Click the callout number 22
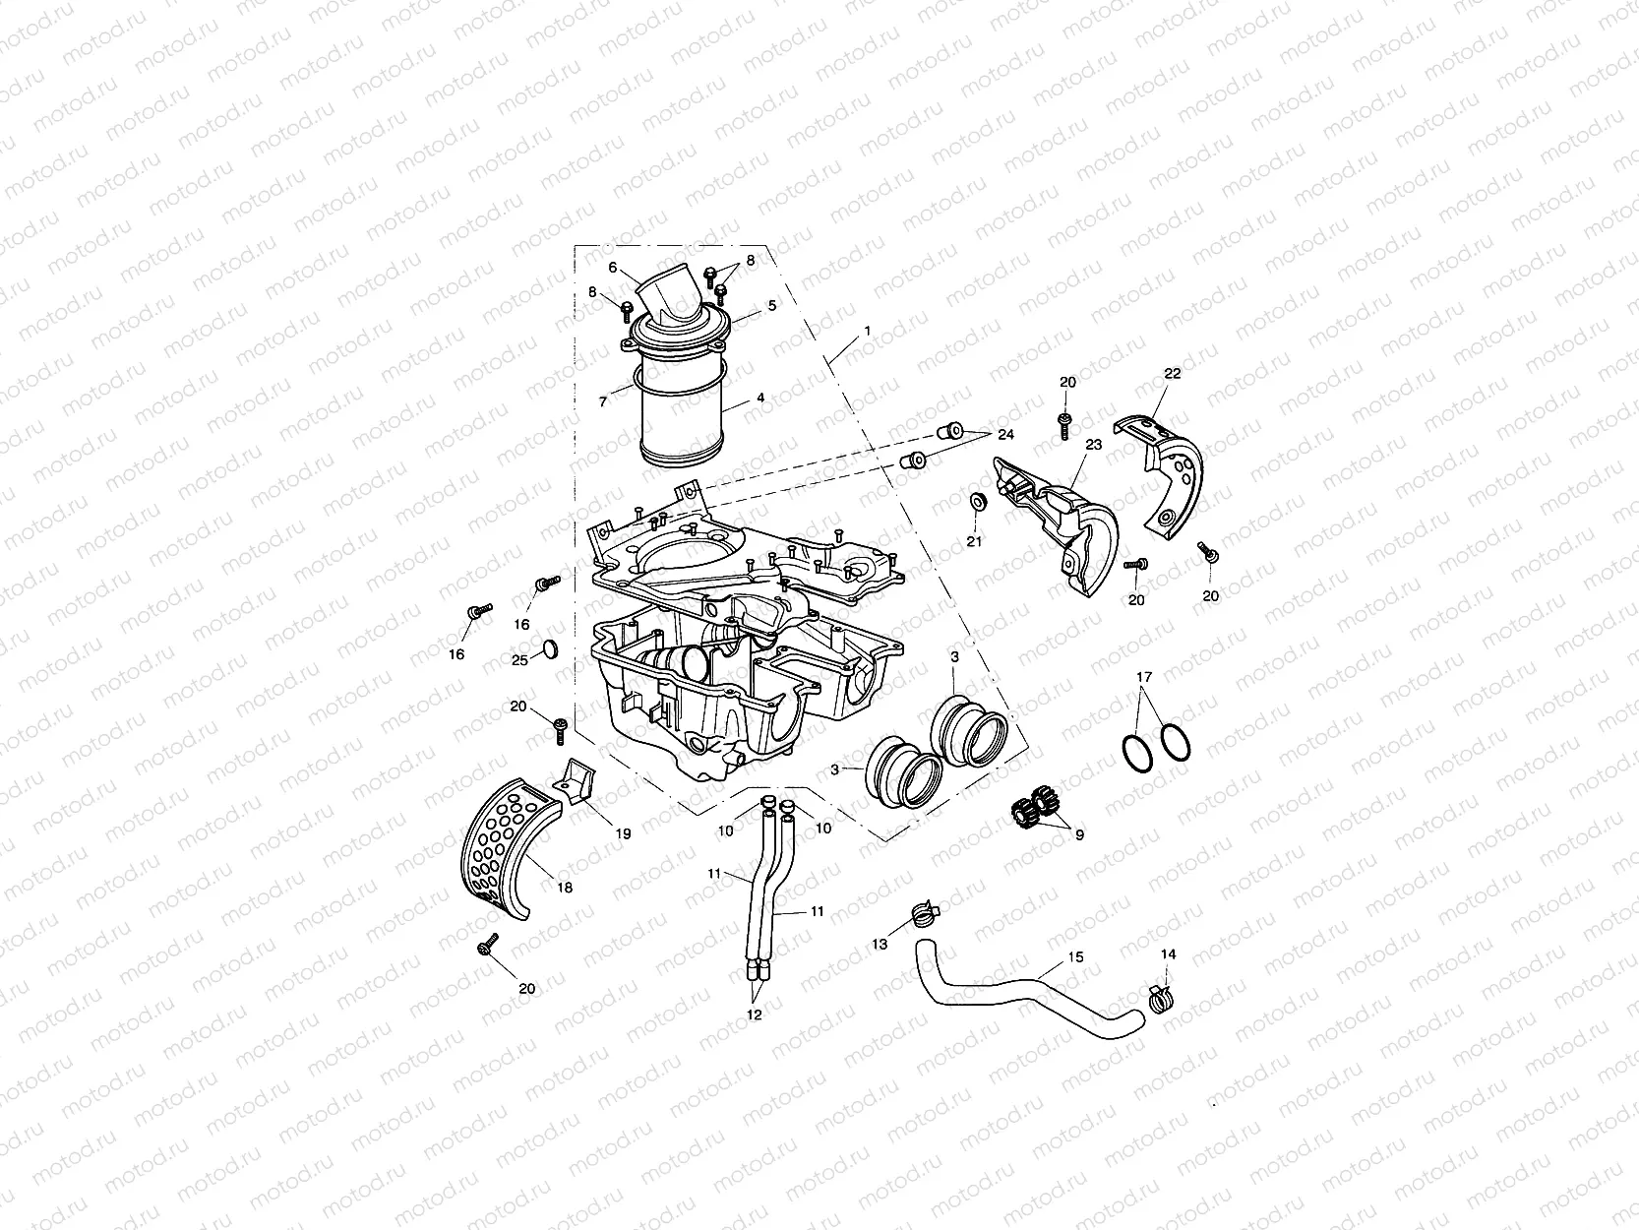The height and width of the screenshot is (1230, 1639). click(1172, 374)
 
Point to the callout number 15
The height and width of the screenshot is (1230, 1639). click(1075, 956)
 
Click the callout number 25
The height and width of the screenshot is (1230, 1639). click(519, 660)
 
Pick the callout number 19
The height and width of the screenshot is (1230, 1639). click(623, 833)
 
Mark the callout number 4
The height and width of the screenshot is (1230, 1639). click(759, 399)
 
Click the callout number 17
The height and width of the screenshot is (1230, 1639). click(1143, 677)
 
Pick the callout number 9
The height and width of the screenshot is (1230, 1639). click(1079, 835)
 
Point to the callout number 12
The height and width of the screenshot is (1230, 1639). click(755, 1015)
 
